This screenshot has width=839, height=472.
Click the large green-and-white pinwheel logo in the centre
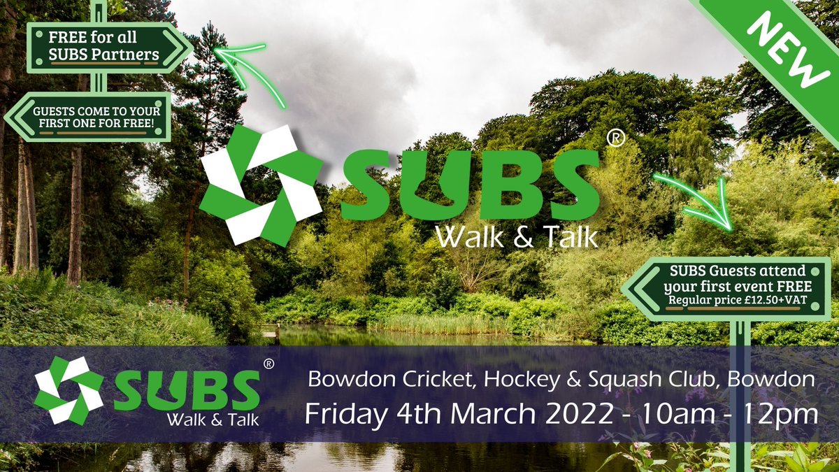point(260,185)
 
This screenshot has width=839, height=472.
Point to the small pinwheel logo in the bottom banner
point(69,391)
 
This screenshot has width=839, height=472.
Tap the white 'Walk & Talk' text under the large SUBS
point(517,236)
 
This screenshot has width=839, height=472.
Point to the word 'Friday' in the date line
point(340,413)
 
